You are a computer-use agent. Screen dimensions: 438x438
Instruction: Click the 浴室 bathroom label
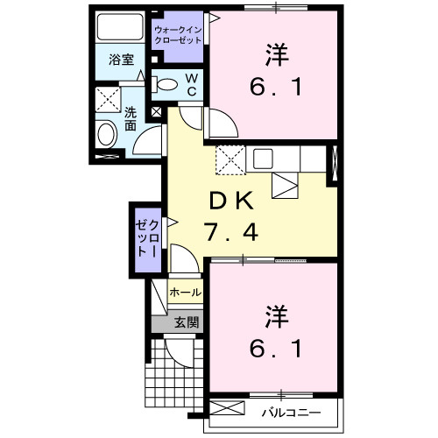click(x=121, y=60)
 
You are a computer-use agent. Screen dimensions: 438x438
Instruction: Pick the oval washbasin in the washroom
click(x=107, y=134)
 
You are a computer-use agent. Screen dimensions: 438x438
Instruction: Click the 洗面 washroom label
click(x=130, y=119)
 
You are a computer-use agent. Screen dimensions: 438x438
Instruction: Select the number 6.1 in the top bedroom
click(x=273, y=88)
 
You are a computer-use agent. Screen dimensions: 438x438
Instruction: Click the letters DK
click(x=231, y=201)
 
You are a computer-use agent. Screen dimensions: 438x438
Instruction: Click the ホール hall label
click(x=185, y=293)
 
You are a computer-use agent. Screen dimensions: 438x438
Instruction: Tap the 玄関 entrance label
click(x=186, y=321)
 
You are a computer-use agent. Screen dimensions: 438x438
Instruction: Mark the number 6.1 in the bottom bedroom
click(x=273, y=350)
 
